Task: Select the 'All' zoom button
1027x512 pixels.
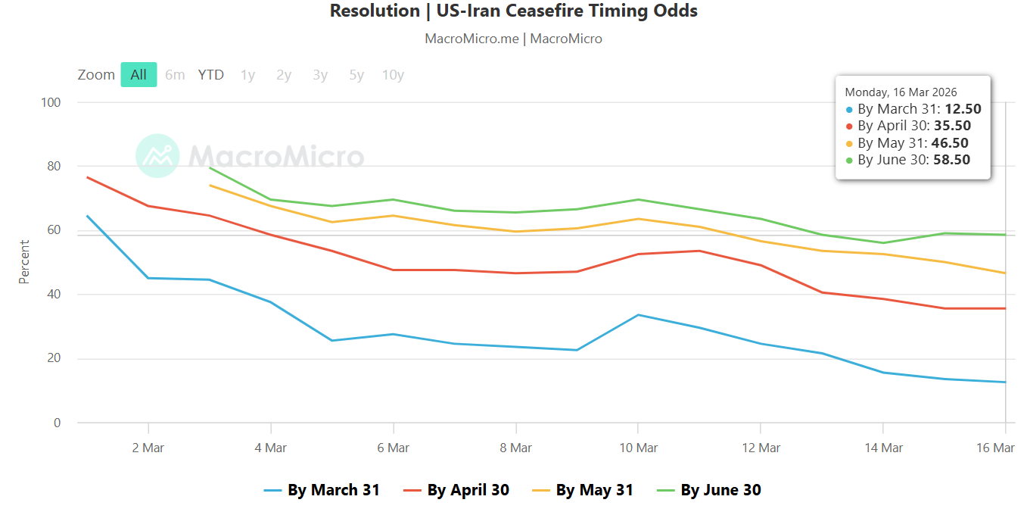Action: [x=138, y=75]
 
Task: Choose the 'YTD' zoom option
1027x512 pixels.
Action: [x=211, y=75]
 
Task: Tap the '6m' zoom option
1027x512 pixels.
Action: [x=175, y=75]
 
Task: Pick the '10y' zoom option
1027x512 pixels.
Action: [x=393, y=75]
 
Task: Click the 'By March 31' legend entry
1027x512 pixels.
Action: [x=333, y=490]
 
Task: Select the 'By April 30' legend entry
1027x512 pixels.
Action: [x=468, y=490]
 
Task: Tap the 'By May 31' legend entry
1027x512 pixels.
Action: [x=594, y=490]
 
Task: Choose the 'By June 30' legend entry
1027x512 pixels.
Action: [x=720, y=490]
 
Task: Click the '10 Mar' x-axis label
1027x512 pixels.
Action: [x=638, y=448]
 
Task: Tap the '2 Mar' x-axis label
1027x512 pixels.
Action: [x=148, y=448]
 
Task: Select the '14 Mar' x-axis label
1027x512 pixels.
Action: [x=882, y=448]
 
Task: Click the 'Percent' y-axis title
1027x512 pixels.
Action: [x=24, y=262]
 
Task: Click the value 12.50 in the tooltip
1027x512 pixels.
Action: [x=963, y=109]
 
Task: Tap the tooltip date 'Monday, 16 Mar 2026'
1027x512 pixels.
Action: [x=901, y=92]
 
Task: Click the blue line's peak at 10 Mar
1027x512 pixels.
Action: [x=638, y=314]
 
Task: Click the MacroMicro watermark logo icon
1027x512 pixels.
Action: [x=157, y=156]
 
